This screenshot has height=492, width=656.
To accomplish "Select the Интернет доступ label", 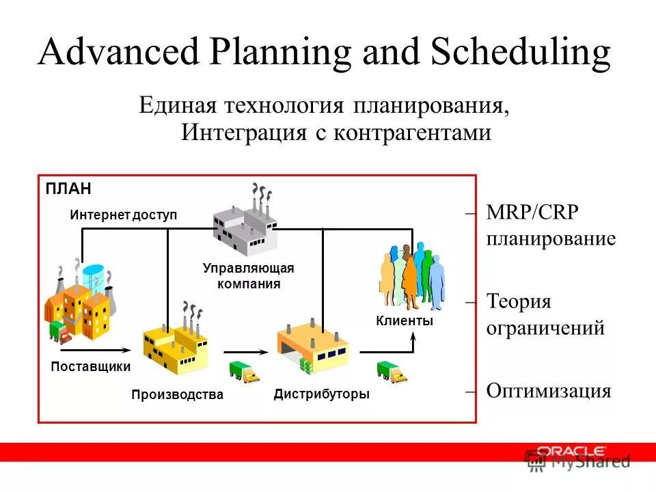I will pos(123,215).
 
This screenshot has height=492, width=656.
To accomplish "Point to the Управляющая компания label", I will pos(249,276).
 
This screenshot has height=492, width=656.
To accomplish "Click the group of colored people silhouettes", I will pos(411,276).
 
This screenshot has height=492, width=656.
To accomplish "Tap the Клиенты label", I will pos(405,320).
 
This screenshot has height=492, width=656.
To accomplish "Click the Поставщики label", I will pos(91,366).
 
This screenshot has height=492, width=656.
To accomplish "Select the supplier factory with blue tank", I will pos(79,301).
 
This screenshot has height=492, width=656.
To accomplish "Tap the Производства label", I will pos(177,395).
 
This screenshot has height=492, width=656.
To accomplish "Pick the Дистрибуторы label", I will pos(321,394).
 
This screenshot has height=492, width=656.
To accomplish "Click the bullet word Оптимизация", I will pos(548,391).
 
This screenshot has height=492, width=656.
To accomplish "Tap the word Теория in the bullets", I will pos(519,301).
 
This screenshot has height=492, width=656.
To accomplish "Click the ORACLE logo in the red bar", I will pos(571,450).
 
